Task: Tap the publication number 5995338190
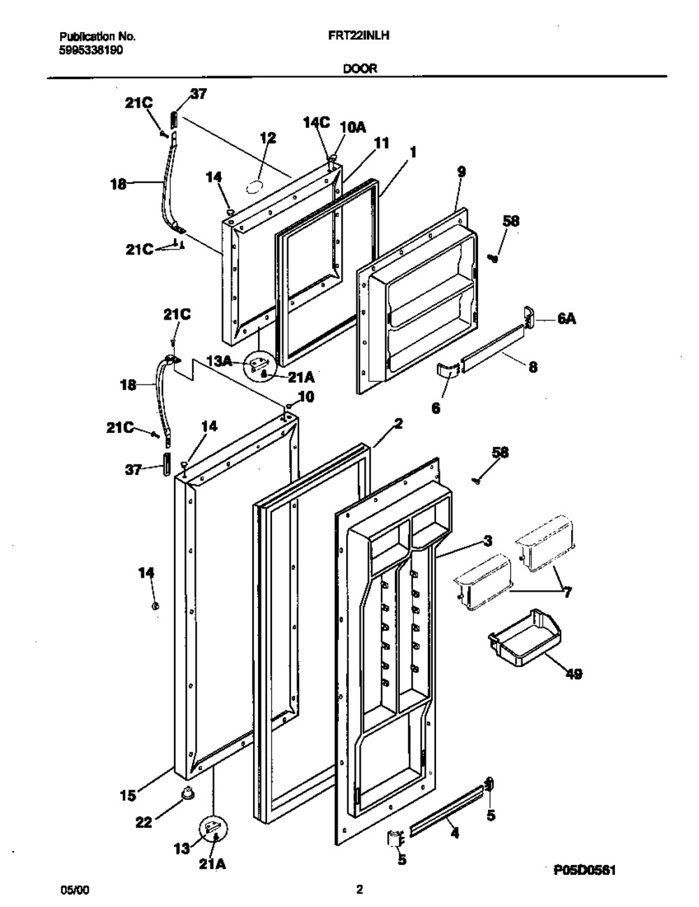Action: (x=92, y=50)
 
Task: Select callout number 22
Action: (x=143, y=823)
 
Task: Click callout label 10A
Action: (x=353, y=127)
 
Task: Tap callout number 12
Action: (x=267, y=138)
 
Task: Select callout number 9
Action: (x=461, y=171)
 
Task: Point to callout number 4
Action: (x=455, y=834)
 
